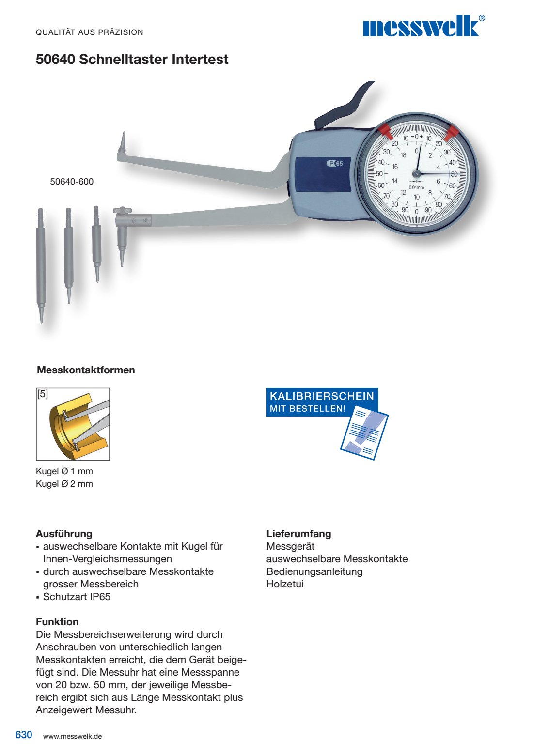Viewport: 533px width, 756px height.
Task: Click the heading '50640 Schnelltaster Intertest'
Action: point(132,60)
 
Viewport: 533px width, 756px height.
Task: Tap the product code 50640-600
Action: point(72,182)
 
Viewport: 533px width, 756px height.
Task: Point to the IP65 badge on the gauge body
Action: point(335,163)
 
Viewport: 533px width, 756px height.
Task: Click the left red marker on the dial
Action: point(384,130)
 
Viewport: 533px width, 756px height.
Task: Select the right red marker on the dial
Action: point(452,131)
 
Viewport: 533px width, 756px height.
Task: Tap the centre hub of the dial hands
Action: point(417,173)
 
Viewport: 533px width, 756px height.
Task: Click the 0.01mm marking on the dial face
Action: point(416,187)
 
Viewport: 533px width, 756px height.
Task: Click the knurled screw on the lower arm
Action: point(123,210)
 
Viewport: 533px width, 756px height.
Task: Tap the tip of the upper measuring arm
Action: point(123,140)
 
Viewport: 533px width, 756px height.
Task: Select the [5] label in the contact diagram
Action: point(43,394)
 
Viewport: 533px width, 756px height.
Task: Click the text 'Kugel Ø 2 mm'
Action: point(64,484)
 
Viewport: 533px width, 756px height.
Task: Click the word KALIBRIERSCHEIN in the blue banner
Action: point(322,396)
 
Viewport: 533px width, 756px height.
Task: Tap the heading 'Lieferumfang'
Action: point(298,534)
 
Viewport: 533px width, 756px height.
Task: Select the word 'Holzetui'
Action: point(285,584)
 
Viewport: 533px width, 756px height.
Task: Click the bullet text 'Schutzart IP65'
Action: point(77,597)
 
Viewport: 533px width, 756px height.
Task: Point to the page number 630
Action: point(24,735)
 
